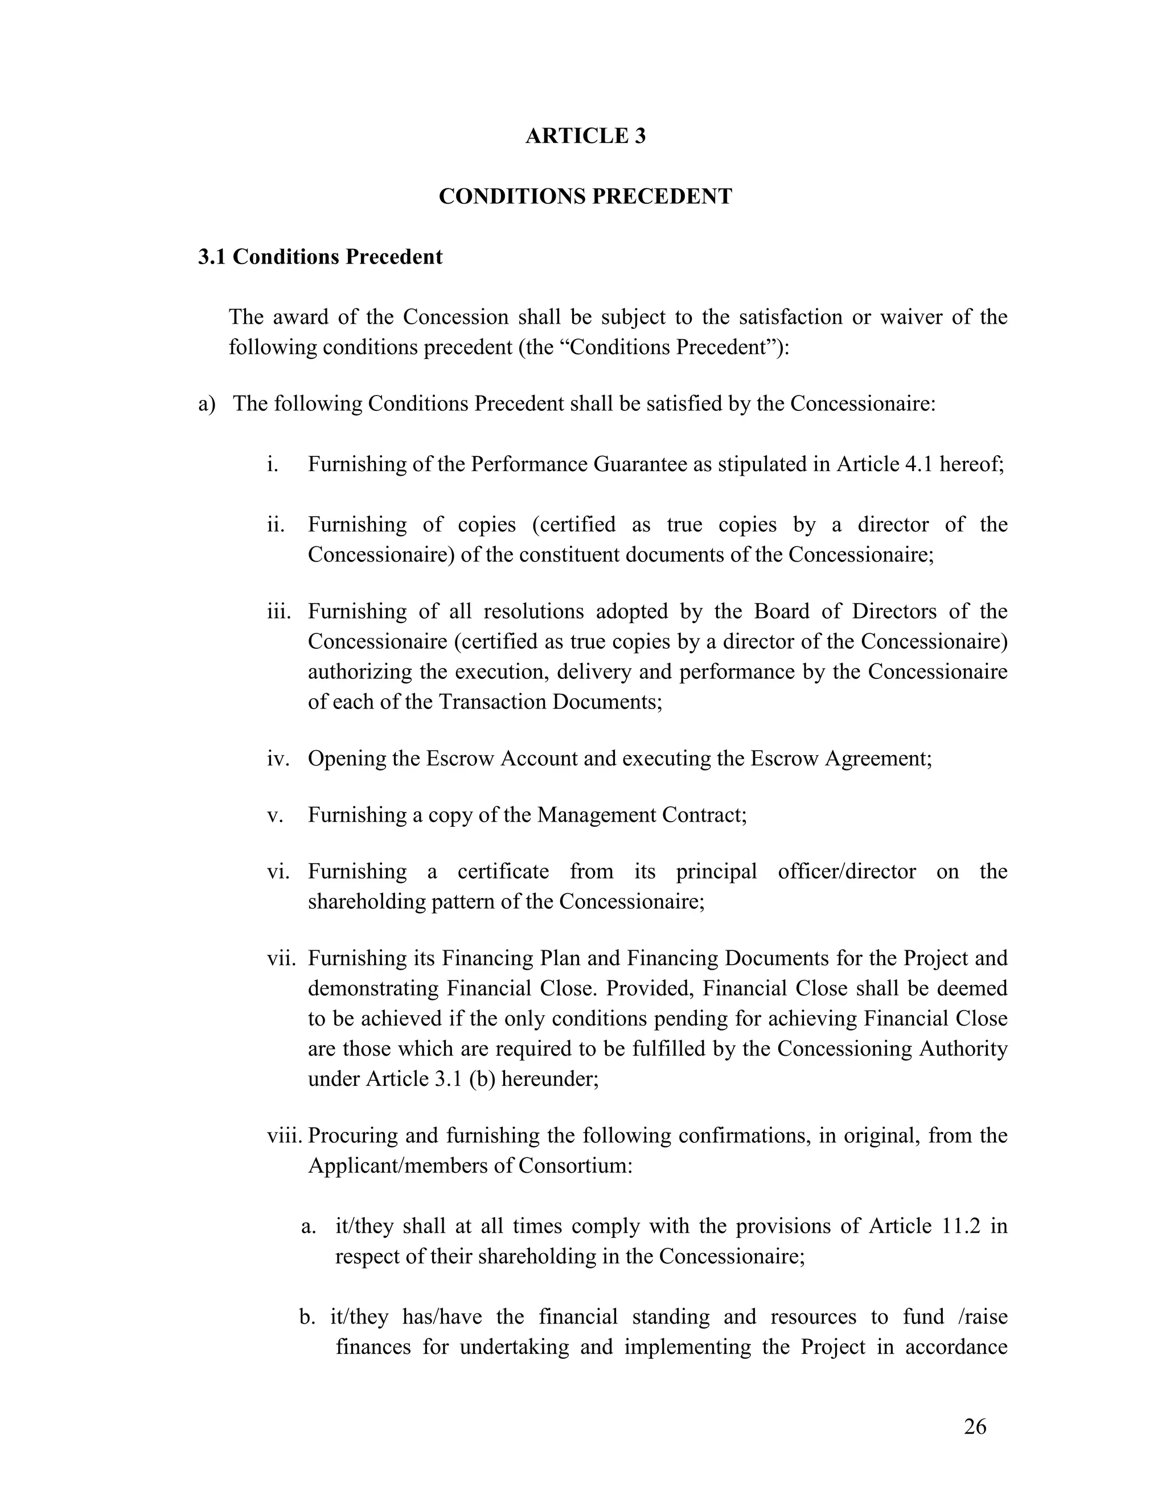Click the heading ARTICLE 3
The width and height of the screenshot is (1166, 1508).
(x=585, y=136)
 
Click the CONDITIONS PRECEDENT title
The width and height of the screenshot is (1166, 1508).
(x=585, y=197)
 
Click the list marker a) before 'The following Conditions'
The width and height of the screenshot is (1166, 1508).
(x=207, y=403)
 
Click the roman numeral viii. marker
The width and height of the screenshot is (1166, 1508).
(x=285, y=1135)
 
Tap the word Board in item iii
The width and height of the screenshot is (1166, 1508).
(x=781, y=611)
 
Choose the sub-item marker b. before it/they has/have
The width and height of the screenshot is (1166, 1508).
(x=307, y=1317)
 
